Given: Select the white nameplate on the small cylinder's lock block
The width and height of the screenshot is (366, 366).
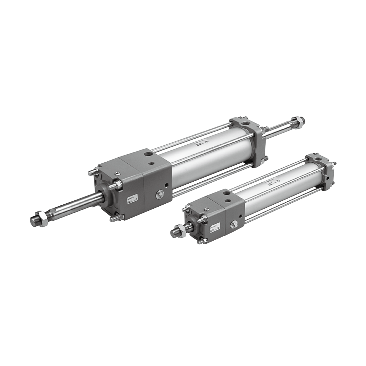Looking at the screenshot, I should [x=215, y=226].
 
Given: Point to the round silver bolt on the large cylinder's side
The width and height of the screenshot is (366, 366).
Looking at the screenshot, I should [x=160, y=194].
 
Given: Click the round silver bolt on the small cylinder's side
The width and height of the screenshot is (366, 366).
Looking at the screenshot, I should [x=234, y=224].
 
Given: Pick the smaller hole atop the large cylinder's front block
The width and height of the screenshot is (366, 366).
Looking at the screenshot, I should [x=151, y=163].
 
